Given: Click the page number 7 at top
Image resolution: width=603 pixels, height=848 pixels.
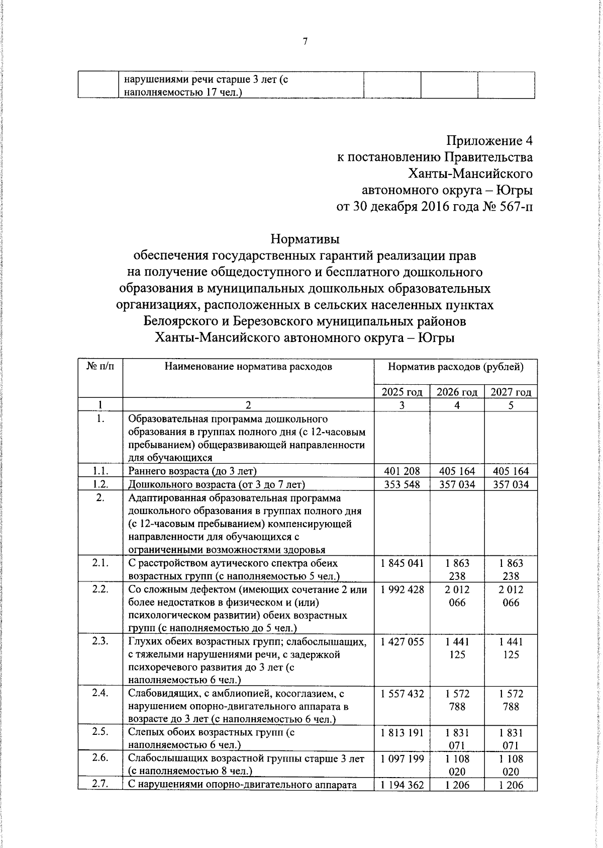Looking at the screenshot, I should pyautogui.click(x=305, y=42).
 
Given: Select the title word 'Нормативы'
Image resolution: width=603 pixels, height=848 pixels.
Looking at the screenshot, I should pyautogui.click(x=306, y=238).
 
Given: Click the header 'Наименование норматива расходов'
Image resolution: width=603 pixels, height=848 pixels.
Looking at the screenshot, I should pyautogui.click(x=248, y=367).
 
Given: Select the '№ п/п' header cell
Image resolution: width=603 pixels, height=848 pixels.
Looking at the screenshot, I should pyautogui.click(x=100, y=367).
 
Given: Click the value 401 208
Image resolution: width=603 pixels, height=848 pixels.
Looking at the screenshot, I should pyautogui.click(x=402, y=471).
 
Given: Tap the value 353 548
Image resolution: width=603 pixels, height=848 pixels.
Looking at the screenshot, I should pyautogui.click(x=402, y=484).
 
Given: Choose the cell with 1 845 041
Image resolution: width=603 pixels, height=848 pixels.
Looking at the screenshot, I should pyautogui.click(x=402, y=563).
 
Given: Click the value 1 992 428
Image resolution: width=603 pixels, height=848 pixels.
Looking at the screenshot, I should pyautogui.click(x=402, y=589).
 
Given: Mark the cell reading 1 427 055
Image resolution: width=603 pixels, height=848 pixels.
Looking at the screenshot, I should pyautogui.click(x=402, y=642).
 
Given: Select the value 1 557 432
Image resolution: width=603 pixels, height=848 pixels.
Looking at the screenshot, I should pyautogui.click(x=402, y=694).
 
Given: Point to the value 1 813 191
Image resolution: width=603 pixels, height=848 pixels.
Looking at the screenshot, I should pyautogui.click(x=402, y=732).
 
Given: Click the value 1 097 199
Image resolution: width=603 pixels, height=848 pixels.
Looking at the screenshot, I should pyautogui.click(x=402, y=758).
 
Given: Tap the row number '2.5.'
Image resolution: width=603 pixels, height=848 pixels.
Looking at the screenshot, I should pyautogui.click(x=100, y=732).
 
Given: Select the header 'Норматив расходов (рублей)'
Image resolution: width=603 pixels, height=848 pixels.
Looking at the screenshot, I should pyautogui.click(x=456, y=367).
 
